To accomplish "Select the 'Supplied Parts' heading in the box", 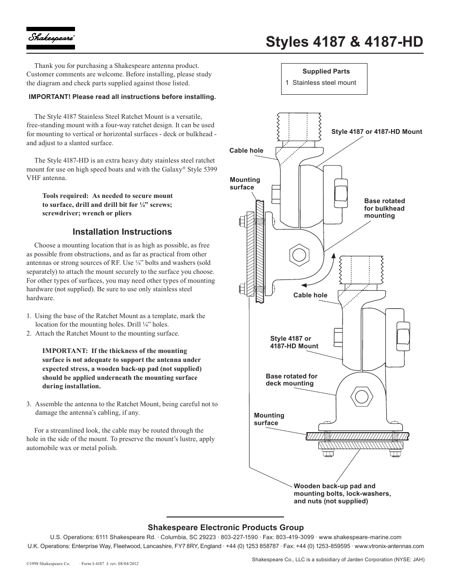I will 326,72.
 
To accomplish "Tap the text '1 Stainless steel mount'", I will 321,82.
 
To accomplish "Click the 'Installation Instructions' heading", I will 122,232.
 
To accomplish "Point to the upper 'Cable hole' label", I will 246,151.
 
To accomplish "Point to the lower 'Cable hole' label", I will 310,295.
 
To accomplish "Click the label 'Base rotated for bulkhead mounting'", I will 384,208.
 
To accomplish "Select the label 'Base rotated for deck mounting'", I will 291,380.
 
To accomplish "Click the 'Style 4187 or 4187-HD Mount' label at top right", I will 376,132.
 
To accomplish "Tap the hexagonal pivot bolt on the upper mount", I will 299,255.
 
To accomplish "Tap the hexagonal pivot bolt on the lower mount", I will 362,397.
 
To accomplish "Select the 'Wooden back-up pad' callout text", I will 342,493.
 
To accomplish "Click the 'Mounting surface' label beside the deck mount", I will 269,419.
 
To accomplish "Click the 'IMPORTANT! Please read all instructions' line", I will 122,97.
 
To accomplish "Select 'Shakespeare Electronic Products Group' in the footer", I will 225,527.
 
